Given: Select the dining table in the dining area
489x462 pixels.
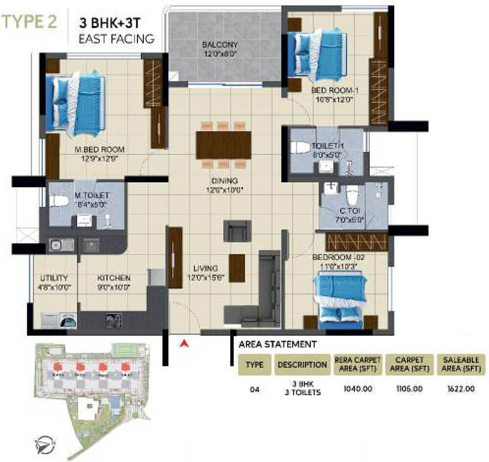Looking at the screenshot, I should [222, 144].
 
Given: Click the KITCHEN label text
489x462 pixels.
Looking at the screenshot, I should [113, 278].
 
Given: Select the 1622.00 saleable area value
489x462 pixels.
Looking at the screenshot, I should [459, 390].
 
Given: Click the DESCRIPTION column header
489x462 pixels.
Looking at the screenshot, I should [302, 365].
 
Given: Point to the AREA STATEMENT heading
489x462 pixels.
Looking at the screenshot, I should [277, 345].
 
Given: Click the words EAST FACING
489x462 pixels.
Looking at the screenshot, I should [117, 38].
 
